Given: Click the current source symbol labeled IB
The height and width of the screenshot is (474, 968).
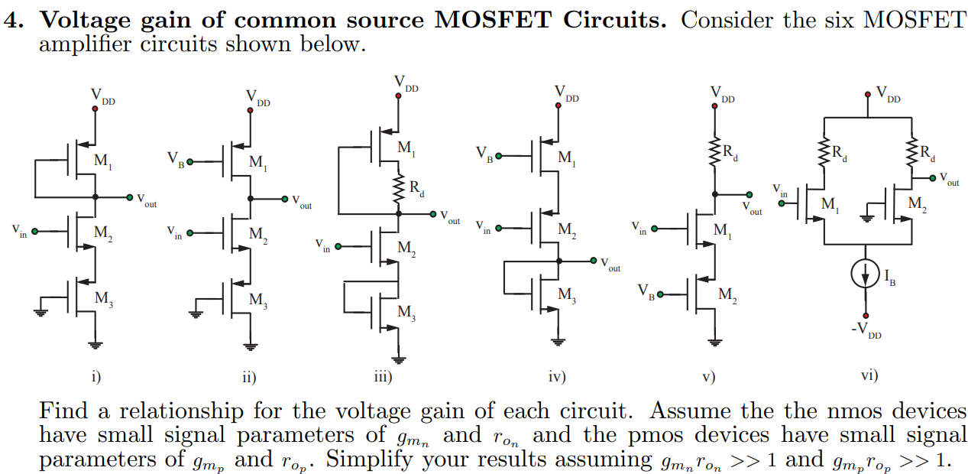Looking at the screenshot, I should click(x=866, y=276).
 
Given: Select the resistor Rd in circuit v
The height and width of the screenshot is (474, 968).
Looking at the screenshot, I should click(x=715, y=149).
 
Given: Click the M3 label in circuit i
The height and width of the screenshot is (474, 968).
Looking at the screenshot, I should click(x=103, y=299).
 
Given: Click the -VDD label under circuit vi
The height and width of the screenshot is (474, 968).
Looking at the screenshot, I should click(x=866, y=331).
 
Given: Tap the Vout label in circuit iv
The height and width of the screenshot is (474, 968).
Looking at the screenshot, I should click(x=610, y=266).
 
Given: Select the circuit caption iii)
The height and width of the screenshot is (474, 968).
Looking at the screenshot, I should click(x=383, y=376).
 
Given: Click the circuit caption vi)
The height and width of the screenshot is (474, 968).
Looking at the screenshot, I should click(x=869, y=375).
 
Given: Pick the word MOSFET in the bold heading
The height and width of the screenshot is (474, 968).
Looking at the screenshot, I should click(x=494, y=20).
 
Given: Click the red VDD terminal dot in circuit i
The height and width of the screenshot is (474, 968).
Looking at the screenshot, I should click(x=95, y=109).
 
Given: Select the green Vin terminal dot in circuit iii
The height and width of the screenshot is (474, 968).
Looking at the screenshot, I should click(x=337, y=247).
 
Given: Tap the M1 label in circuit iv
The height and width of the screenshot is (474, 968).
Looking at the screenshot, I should click(x=567, y=158).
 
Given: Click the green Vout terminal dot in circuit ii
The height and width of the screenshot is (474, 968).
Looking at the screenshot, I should click(x=285, y=200).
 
